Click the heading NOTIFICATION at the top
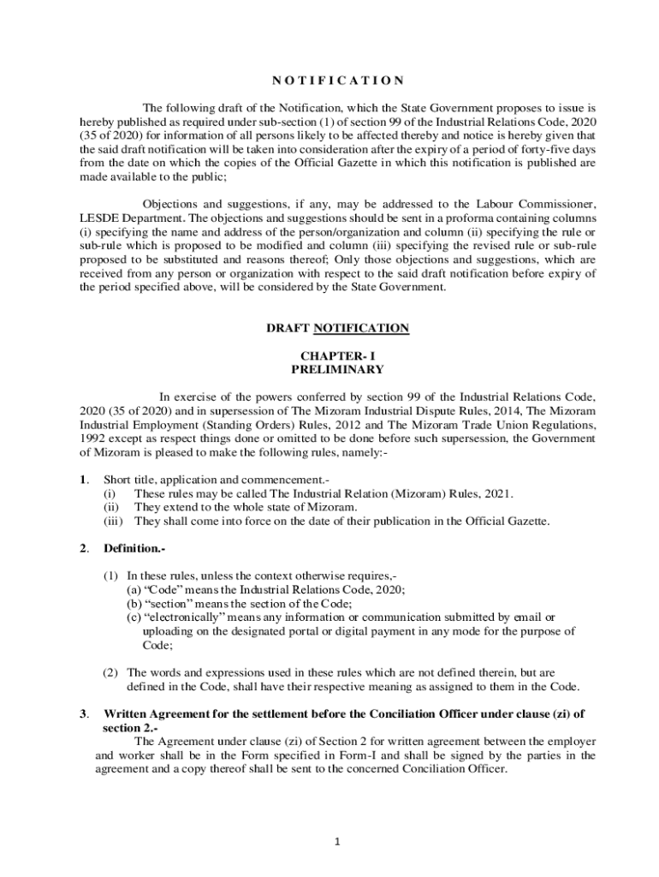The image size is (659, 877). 338,81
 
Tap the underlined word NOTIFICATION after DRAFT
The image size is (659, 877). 361,328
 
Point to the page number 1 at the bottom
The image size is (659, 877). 337,842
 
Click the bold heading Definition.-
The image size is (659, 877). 134,548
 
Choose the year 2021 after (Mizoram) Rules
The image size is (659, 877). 496,493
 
